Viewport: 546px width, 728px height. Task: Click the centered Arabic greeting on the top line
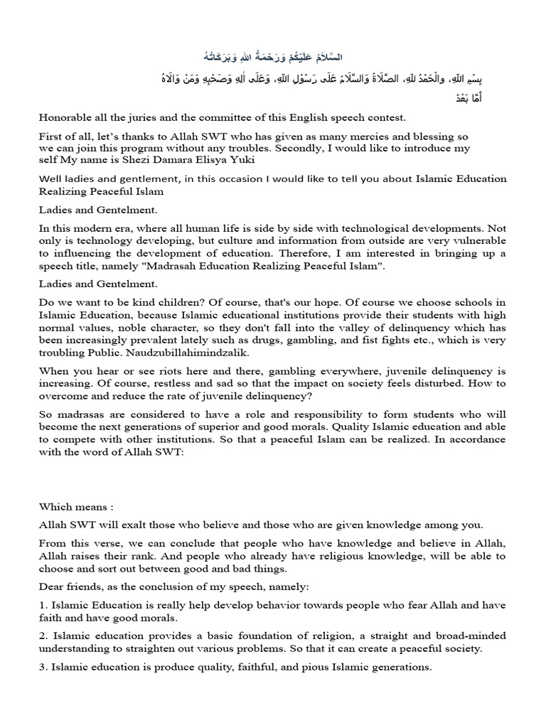273,56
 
